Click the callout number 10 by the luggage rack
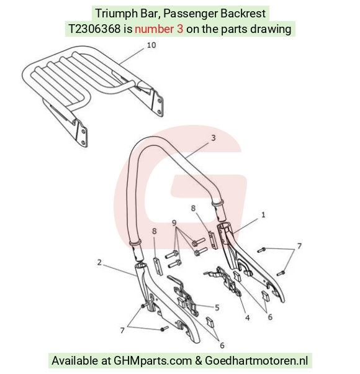[151, 45]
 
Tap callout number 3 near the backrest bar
[214, 138]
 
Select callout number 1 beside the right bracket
[263, 215]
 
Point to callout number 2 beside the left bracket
[99, 262]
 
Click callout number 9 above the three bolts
[174, 223]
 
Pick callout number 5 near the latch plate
[217, 308]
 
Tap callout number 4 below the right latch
[247, 317]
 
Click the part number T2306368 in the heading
[94, 29]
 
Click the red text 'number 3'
[159, 29]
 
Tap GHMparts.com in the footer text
[153, 360]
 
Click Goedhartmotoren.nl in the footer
[256, 360]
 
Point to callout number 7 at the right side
[299, 245]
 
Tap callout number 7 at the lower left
[122, 331]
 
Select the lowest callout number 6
[222, 345]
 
